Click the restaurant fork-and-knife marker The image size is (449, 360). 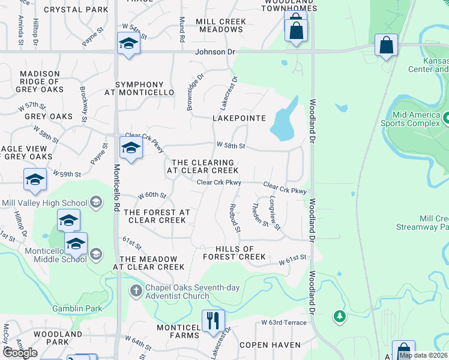coord(212,320)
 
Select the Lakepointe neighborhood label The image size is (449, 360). coord(239,118)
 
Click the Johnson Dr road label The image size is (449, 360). coord(215,52)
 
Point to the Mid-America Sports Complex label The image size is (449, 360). coord(416,119)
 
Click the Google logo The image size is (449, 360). coord(20,352)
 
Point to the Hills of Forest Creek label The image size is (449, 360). coord(234,253)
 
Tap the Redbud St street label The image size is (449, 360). coord(235,218)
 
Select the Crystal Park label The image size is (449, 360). coord(75,10)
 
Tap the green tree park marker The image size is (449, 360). coord(340,316)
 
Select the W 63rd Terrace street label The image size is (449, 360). coord(284,323)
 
